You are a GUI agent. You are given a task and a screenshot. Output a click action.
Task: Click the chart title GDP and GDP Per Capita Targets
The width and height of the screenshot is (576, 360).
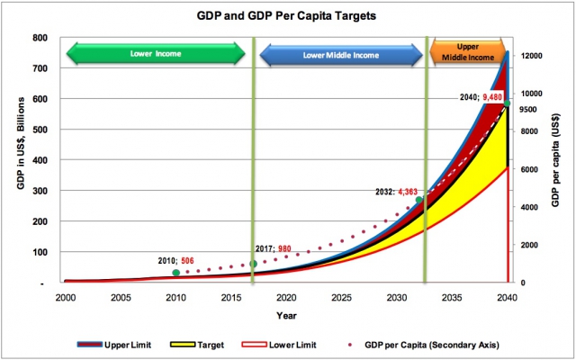point(286,16)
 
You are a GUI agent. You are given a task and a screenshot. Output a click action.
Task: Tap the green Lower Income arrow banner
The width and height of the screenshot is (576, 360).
point(156,54)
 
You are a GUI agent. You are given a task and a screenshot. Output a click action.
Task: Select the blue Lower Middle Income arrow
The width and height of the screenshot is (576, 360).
point(341,55)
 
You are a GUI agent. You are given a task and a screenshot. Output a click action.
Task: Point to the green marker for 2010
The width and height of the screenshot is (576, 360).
point(176,273)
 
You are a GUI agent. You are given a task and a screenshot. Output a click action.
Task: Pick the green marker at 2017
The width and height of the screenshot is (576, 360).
point(253,264)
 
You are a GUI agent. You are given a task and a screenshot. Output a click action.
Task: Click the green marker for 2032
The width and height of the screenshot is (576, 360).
point(418,200)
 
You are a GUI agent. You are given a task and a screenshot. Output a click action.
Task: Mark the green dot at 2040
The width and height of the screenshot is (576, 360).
point(508,103)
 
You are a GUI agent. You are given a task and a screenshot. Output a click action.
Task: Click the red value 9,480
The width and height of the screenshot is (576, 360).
point(492,97)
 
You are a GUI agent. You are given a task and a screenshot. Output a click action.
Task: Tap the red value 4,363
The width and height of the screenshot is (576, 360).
point(408,192)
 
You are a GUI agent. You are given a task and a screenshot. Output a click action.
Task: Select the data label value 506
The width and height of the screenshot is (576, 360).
point(187,261)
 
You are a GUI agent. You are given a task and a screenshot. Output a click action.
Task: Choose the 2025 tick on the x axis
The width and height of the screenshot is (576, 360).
point(342,298)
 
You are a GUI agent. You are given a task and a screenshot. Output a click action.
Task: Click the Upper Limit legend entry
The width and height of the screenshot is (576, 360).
point(114,345)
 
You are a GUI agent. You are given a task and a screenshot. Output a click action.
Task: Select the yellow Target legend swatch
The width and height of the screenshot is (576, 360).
point(182,345)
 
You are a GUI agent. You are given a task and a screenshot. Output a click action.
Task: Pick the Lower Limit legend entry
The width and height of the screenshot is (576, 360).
point(279,345)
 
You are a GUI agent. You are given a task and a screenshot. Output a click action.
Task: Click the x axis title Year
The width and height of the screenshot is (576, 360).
point(286,316)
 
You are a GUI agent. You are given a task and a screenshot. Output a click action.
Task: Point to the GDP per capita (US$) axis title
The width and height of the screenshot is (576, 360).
point(555,159)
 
